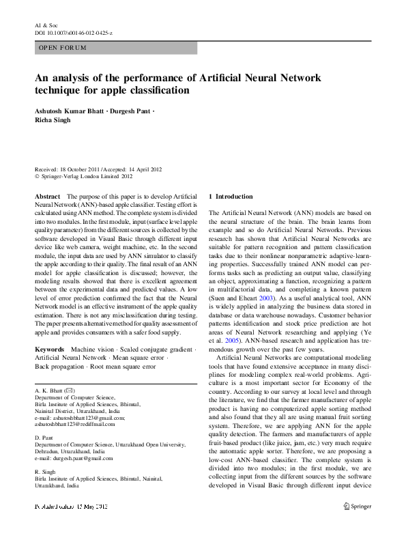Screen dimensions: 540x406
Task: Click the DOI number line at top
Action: click(73, 33)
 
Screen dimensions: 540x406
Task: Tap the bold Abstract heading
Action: click(47, 196)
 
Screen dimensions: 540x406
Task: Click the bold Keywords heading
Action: click(49, 349)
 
